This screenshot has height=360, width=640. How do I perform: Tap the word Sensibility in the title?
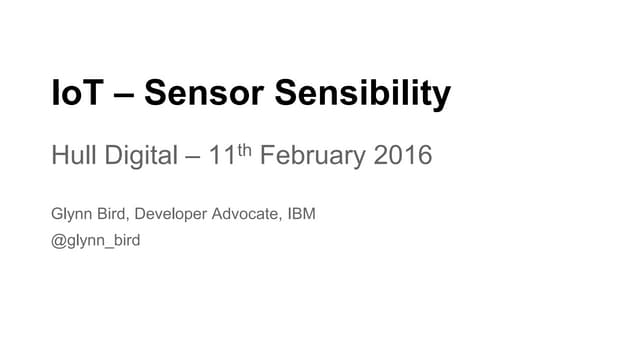tap(363, 95)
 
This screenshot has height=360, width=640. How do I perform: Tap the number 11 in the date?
tap(225, 157)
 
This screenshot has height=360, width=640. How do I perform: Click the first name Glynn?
tap(72, 214)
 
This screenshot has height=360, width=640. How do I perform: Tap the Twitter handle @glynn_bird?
tap(96, 240)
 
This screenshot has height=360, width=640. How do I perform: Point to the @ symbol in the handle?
tap(58, 240)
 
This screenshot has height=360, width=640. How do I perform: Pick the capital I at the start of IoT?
tap(56, 95)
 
